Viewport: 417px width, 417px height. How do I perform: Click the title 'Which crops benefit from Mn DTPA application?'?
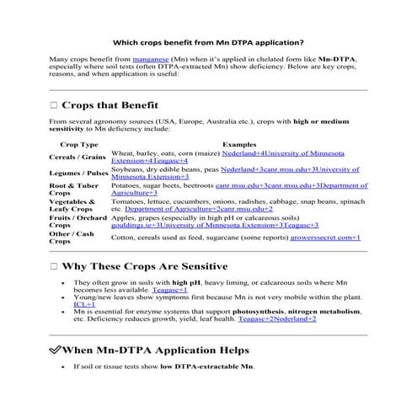[x=208, y=41]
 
